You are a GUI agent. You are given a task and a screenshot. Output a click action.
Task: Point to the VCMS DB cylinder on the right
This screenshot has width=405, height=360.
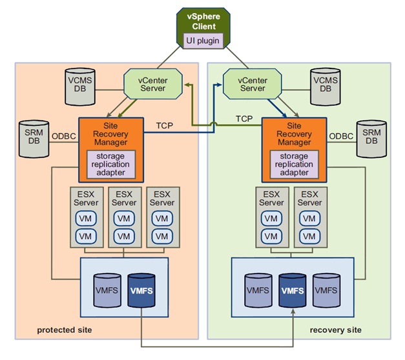pyautogui.click(x=322, y=87)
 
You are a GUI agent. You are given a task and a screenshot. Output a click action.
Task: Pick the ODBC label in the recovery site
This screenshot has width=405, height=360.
pyautogui.click(x=340, y=136)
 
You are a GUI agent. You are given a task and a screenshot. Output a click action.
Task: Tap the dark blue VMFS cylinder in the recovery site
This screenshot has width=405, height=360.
pyautogui.click(x=292, y=291)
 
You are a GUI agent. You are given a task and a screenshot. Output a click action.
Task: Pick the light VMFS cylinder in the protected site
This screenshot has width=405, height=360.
pyautogui.click(x=107, y=291)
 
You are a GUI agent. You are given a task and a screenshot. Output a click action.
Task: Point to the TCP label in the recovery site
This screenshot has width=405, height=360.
pyautogui.click(x=244, y=119)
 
